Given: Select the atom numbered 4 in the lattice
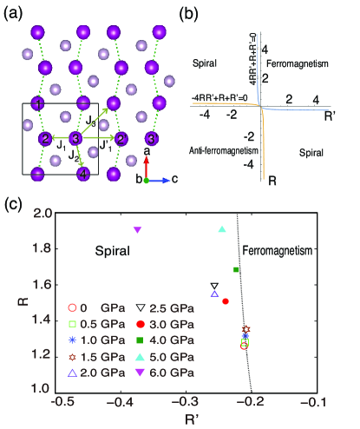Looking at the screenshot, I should [x=84, y=173].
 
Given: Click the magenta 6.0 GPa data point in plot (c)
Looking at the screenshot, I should [x=137, y=229].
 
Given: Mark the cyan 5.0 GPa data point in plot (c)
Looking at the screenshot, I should [x=222, y=229].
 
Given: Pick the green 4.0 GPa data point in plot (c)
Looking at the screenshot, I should [x=236, y=270].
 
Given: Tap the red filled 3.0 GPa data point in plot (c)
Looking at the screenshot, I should [x=226, y=301].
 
